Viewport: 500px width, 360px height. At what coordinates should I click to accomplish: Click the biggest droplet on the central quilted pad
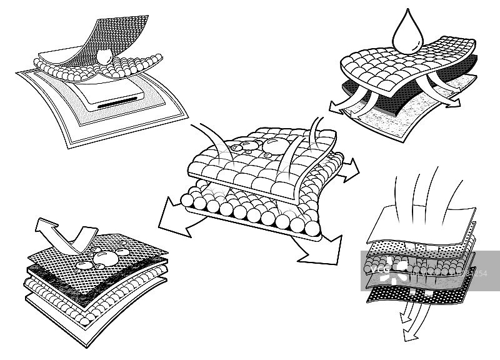(274, 147)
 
